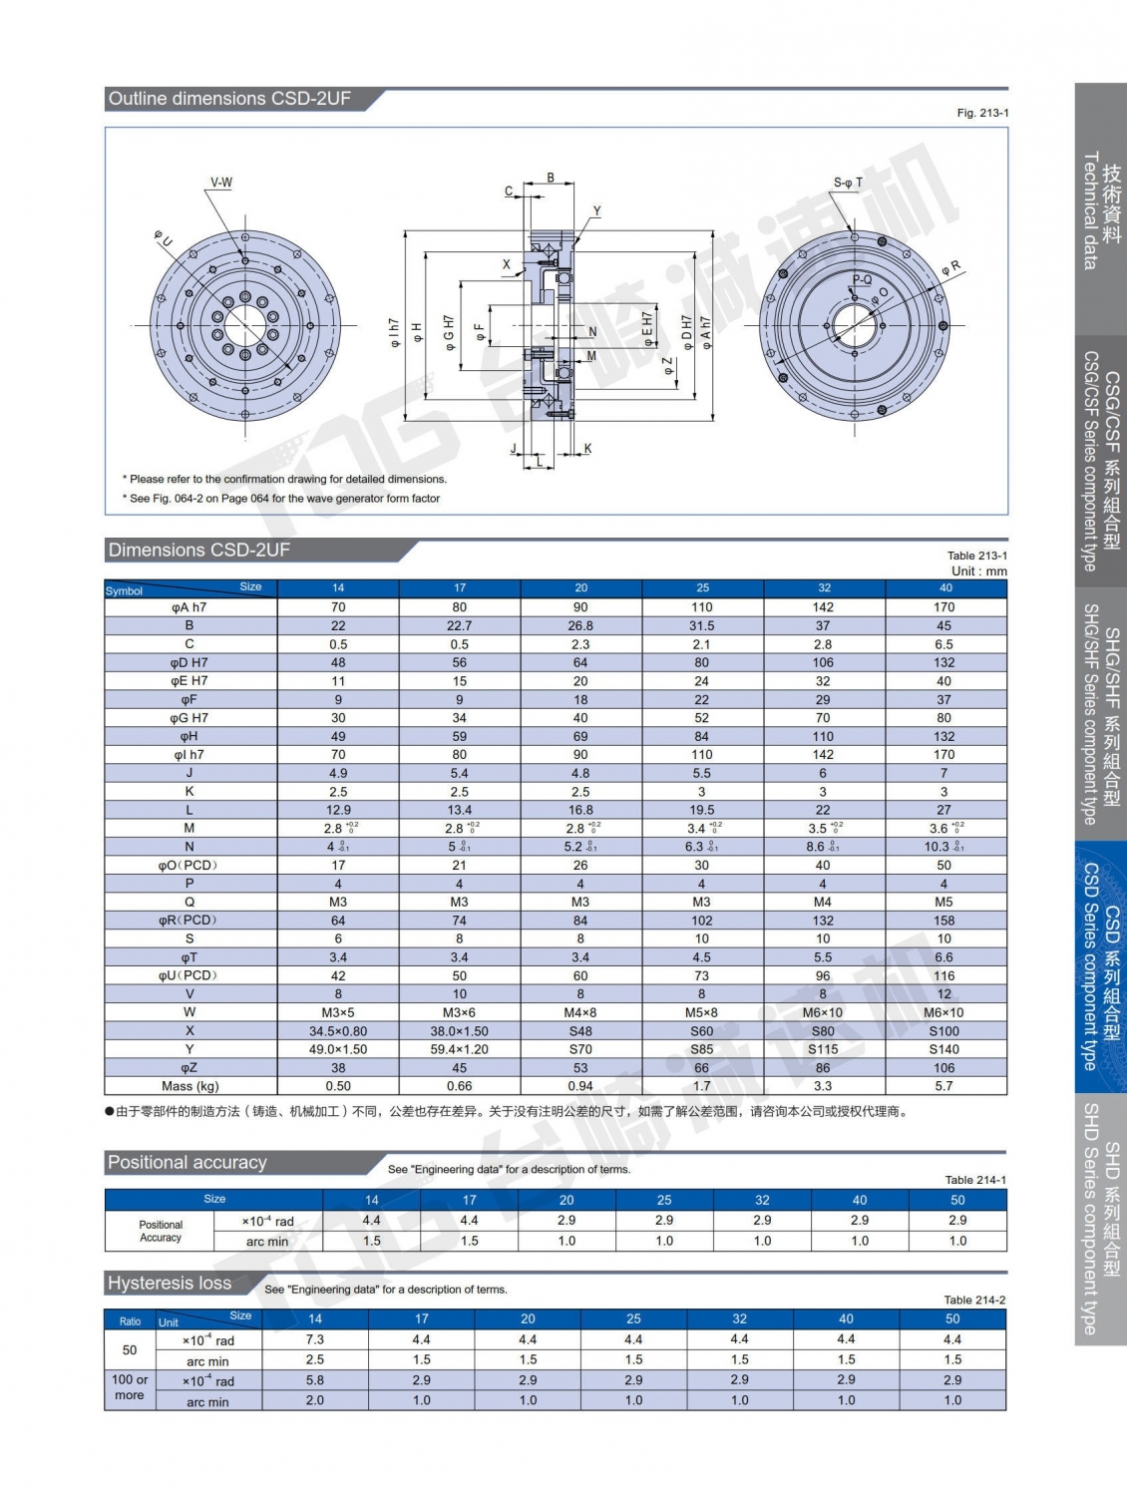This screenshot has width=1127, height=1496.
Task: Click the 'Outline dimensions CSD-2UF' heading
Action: (x=229, y=99)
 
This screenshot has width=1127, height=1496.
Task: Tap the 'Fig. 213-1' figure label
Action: (x=981, y=113)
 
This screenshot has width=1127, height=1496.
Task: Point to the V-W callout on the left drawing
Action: (x=220, y=183)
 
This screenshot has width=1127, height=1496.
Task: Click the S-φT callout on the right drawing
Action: (x=848, y=183)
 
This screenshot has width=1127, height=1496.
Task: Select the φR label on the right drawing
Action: (x=951, y=267)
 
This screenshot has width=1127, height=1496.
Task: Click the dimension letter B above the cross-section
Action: (x=551, y=179)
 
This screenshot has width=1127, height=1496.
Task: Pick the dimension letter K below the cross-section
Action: (x=587, y=449)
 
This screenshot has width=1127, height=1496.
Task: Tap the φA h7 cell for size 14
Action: (x=338, y=607)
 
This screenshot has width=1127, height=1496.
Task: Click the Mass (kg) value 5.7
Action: (x=943, y=1086)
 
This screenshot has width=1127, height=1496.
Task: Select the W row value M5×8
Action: (x=701, y=1012)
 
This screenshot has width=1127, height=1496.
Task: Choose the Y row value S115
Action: (x=823, y=1049)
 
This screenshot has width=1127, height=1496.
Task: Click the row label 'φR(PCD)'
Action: (x=188, y=921)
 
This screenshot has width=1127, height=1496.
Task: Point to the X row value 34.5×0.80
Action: (x=338, y=1031)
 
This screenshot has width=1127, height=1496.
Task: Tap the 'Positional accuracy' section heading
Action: (x=188, y=1163)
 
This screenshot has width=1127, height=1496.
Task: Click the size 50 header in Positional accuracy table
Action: (x=957, y=1200)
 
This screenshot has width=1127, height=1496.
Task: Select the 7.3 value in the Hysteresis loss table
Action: (x=315, y=1339)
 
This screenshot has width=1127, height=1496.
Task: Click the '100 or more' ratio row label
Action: (x=130, y=1387)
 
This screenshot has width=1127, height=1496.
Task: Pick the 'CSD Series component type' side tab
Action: (x=1100, y=967)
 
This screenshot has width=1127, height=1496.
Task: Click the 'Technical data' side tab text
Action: (x=1090, y=210)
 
